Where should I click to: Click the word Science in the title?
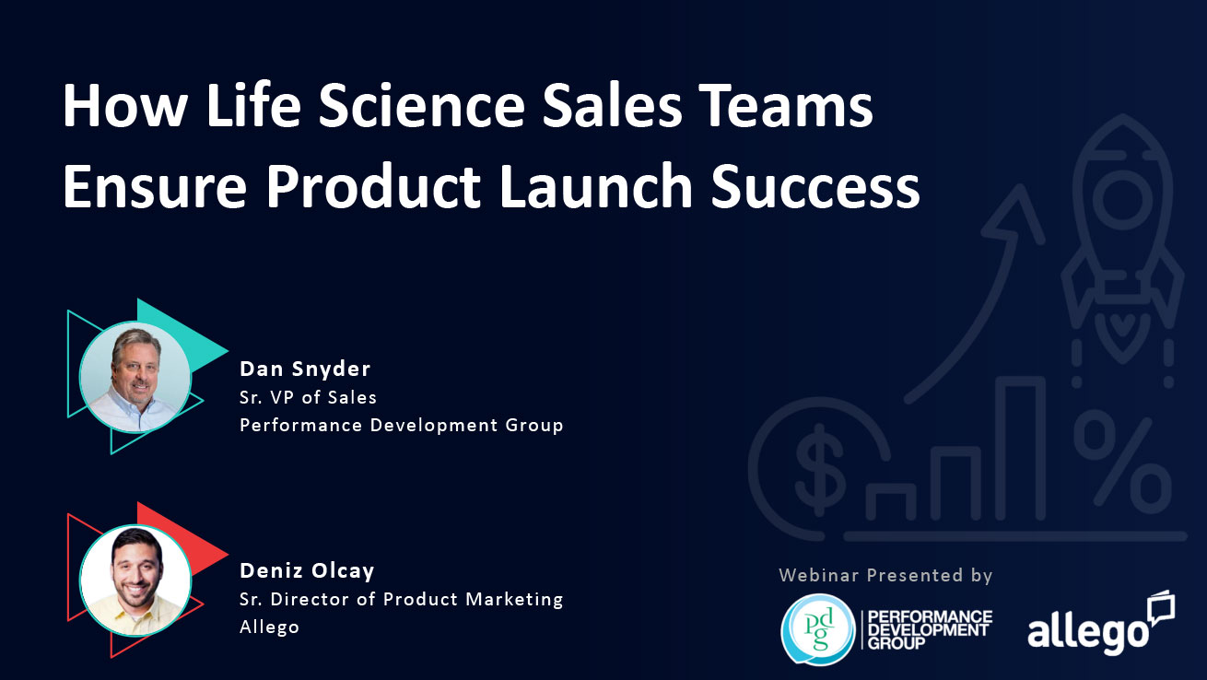tap(421, 105)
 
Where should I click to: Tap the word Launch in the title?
tap(595, 186)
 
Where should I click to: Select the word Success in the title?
tap(815, 186)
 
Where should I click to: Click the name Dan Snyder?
tap(305, 369)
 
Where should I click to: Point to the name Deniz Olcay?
tap(307, 570)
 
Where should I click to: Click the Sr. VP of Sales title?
tap(308, 398)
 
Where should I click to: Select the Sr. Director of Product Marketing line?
tap(402, 599)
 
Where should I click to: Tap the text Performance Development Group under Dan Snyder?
tap(402, 426)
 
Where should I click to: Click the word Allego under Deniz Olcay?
tap(269, 627)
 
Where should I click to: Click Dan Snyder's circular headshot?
tap(135, 377)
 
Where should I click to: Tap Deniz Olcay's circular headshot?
tap(135, 580)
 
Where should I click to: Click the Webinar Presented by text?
tap(885, 576)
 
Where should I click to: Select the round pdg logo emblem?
tap(818, 629)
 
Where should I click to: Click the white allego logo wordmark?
tap(1088, 631)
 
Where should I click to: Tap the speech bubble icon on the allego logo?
tap(1161, 608)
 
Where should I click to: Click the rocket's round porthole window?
tap(1123, 199)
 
